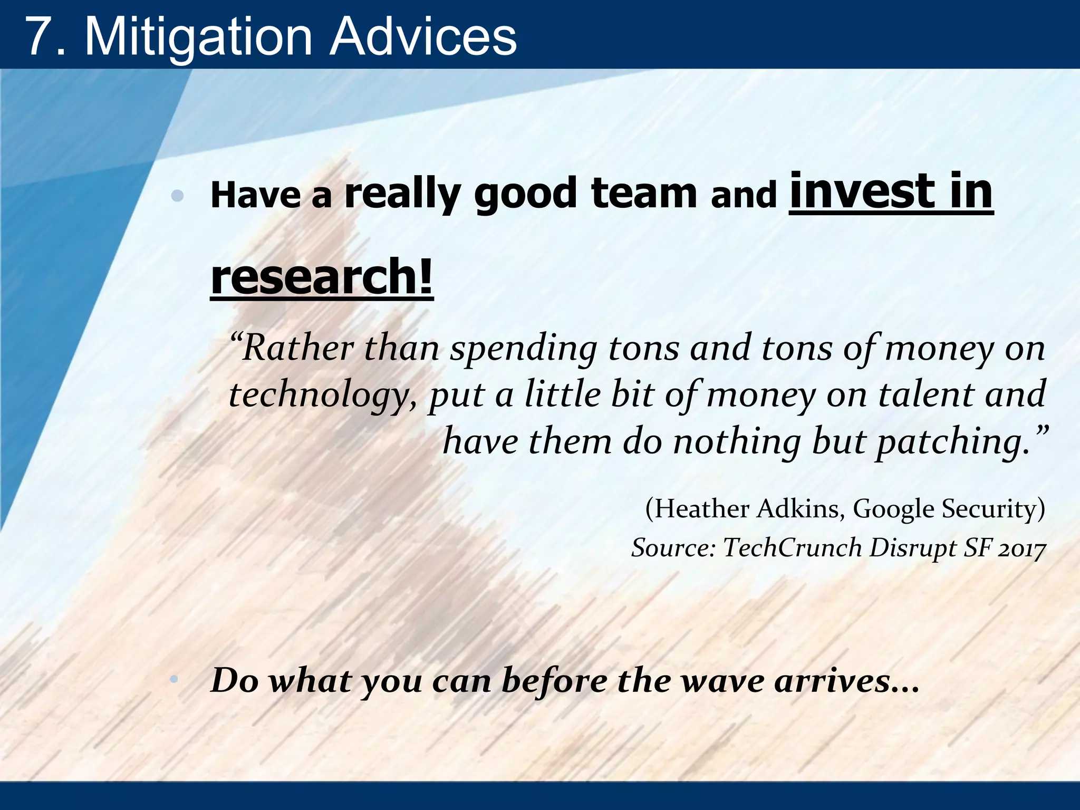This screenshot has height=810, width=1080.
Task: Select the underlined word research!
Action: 322,277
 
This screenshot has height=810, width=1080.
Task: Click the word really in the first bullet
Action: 403,195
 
